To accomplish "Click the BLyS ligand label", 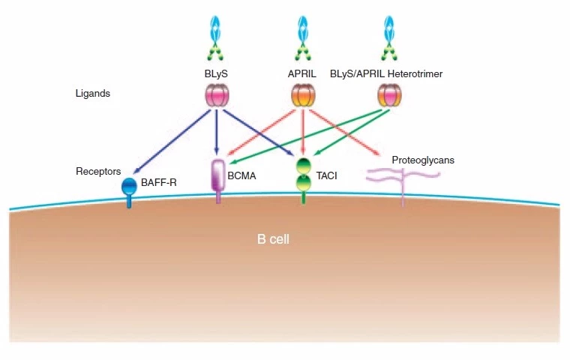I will [x=215, y=75].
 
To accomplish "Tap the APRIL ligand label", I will [x=303, y=75].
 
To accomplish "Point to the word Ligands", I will [x=93, y=94].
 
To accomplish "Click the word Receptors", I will [x=98, y=172].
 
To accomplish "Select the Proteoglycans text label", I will [x=423, y=160].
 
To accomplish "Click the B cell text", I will [x=273, y=240].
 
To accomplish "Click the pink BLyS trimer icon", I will [x=217, y=95].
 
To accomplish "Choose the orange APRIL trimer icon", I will [x=302, y=95].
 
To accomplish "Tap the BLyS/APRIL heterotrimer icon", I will [x=389, y=95].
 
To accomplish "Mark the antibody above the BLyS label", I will [x=216, y=37].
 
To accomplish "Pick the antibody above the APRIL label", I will [x=303, y=37].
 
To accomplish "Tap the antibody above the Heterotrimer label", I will [x=389, y=37].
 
